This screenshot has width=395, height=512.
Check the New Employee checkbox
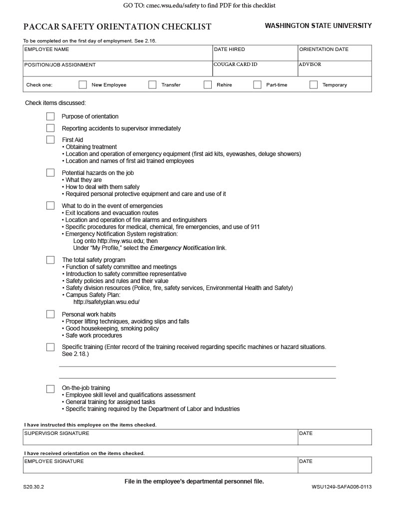pos(83,84)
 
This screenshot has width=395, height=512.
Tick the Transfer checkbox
pos(152,84)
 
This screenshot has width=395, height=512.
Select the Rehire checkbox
pos(208,84)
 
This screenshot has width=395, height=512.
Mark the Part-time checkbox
pos(257,84)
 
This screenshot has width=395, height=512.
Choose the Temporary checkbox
pos(314,84)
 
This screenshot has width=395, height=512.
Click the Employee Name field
pos(118,54)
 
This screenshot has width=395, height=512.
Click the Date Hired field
pos(255,54)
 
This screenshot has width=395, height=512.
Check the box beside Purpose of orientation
pos(50,116)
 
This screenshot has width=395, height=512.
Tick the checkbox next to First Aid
pos(50,139)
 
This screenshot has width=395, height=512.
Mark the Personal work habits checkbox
pos(50,314)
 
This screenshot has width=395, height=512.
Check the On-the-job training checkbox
pos(50,388)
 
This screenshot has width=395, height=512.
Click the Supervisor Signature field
pos(160,438)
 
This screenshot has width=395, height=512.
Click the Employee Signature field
pos(160,466)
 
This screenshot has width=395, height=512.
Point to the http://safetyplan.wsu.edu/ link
pos(106,302)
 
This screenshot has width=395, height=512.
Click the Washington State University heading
pos(318,25)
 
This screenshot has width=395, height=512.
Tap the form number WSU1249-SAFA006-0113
pos(342,487)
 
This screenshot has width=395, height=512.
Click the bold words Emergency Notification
pos(182,248)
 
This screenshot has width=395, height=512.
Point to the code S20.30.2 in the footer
pos(33,487)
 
